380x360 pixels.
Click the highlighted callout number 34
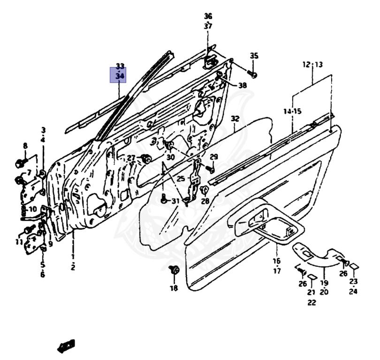tap(120, 75)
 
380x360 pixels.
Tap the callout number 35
tap(254, 56)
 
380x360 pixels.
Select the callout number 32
tap(235, 119)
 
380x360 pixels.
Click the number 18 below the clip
tap(174, 288)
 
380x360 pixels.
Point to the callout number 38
tap(242, 85)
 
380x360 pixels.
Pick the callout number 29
tap(214, 157)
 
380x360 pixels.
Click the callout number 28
tap(205, 201)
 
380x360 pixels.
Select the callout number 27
tap(131, 157)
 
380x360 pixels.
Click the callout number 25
tap(181, 179)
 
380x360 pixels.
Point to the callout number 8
tap(25, 146)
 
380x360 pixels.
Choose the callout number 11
tap(19, 242)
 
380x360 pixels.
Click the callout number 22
tap(312, 302)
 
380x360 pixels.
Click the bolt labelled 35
tap(253, 74)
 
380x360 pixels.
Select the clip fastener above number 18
tap(174, 270)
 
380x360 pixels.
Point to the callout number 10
tap(32, 209)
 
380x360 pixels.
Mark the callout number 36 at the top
tap(208, 16)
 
